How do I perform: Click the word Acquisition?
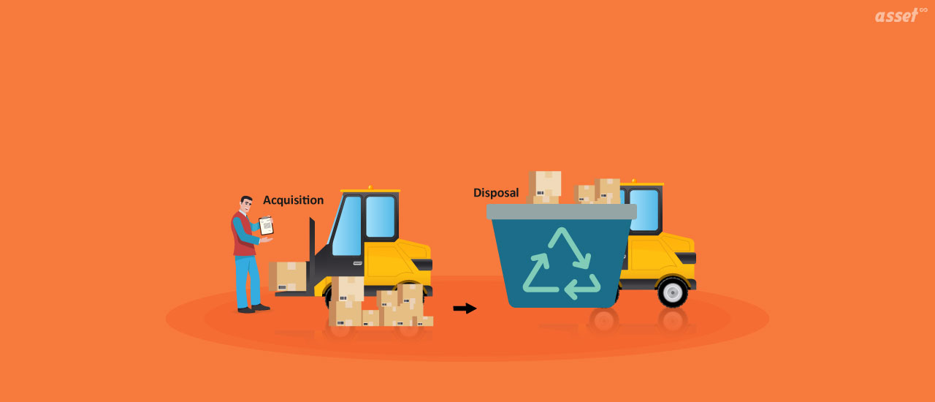point(293,200)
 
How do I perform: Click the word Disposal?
point(496,193)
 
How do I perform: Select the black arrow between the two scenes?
point(465,308)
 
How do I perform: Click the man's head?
point(246,205)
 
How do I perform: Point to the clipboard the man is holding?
point(266,226)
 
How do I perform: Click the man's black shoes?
point(253,308)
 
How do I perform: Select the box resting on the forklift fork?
point(288,276)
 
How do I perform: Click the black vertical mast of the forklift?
point(312,252)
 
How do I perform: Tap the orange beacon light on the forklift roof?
point(370,188)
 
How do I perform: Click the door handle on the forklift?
point(358,262)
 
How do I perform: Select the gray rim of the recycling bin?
point(561,212)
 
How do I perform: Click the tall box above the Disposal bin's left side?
point(546,186)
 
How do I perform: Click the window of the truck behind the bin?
point(644,209)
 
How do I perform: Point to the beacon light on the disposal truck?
point(633,180)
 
